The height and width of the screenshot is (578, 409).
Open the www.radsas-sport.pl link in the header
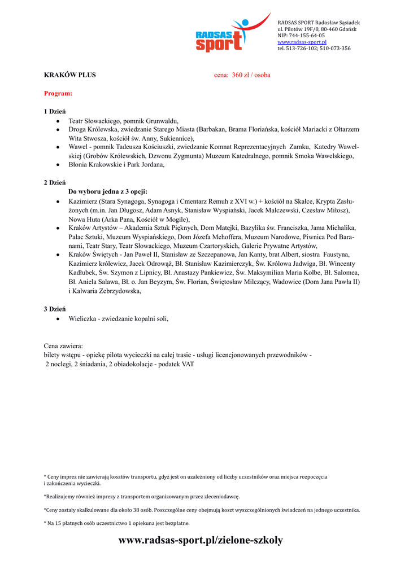(302, 42)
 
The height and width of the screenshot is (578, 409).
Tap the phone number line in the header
(314, 49)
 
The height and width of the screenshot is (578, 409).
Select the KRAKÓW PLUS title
(70, 75)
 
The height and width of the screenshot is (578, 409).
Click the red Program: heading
(58, 93)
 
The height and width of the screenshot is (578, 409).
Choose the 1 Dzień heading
(55, 111)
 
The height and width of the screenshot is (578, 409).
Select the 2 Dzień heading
(55, 183)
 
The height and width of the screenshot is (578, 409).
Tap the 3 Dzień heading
(55, 309)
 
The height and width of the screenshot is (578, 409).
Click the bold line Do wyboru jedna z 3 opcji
(108, 191)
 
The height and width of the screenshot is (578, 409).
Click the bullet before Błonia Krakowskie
(59, 165)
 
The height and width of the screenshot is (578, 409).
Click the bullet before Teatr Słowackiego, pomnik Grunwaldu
(59, 121)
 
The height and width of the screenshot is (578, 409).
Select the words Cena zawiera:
(63, 345)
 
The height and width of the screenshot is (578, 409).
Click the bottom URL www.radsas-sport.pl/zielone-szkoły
(201, 540)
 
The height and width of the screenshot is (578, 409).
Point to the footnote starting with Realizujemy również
(142, 497)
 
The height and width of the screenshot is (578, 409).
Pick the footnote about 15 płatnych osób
(116, 523)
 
